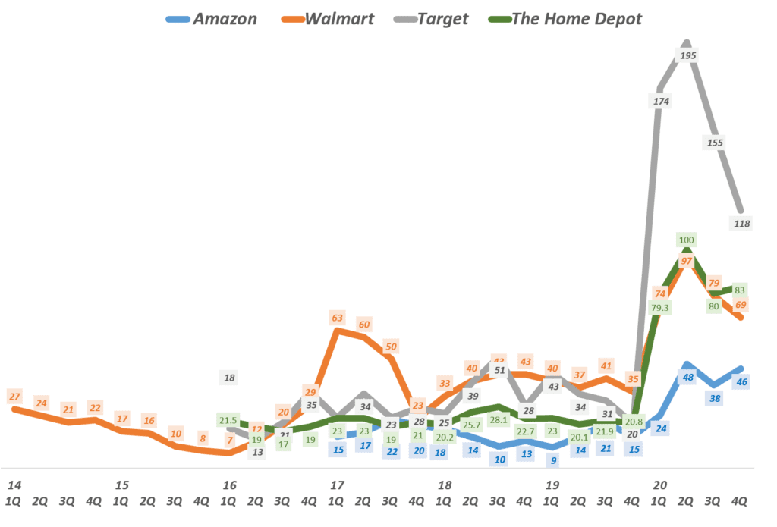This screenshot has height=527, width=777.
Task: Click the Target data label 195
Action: pos(689,56)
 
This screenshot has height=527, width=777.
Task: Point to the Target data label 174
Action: pos(659,100)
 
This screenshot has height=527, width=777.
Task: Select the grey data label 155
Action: pos(715,142)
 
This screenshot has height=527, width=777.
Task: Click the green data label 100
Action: pos(687,240)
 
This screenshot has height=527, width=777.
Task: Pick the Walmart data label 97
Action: pos(686,261)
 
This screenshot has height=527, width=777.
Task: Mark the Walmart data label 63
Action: pos(338,317)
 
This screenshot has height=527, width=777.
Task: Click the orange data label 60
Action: pos(364,325)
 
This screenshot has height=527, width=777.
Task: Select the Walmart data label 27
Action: pos(14,396)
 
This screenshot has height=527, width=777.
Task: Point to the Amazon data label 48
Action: pos(688,377)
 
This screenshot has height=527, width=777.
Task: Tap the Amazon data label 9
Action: pos(553,459)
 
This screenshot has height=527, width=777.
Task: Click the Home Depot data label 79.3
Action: pos(659,307)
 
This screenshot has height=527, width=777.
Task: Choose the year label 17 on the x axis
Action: pos(337,484)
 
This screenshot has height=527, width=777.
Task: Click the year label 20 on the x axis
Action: pos(660,484)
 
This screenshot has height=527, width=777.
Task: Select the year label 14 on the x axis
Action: pos(14,484)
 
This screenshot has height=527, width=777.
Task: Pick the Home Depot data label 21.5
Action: pos(228,419)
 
